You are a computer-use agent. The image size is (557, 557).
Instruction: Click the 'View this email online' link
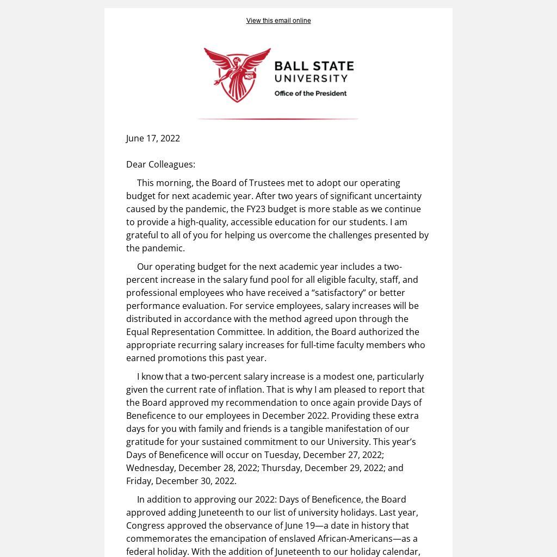[x=278, y=21]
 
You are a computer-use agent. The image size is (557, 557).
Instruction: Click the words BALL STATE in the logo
[x=314, y=67]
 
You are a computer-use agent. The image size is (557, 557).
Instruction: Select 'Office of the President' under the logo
[x=310, y=94]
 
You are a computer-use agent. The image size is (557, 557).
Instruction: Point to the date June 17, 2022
[x=153, y=138]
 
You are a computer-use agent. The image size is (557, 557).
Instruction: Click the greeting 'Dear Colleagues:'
[x=160, y=164]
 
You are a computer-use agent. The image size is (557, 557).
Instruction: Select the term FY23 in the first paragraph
[x=256, y=209]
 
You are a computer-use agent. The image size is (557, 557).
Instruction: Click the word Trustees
[x=267, y=183]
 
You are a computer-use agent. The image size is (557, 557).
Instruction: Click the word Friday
[x=139, y=481]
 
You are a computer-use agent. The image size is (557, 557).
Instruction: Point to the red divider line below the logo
[x=277, y=119]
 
